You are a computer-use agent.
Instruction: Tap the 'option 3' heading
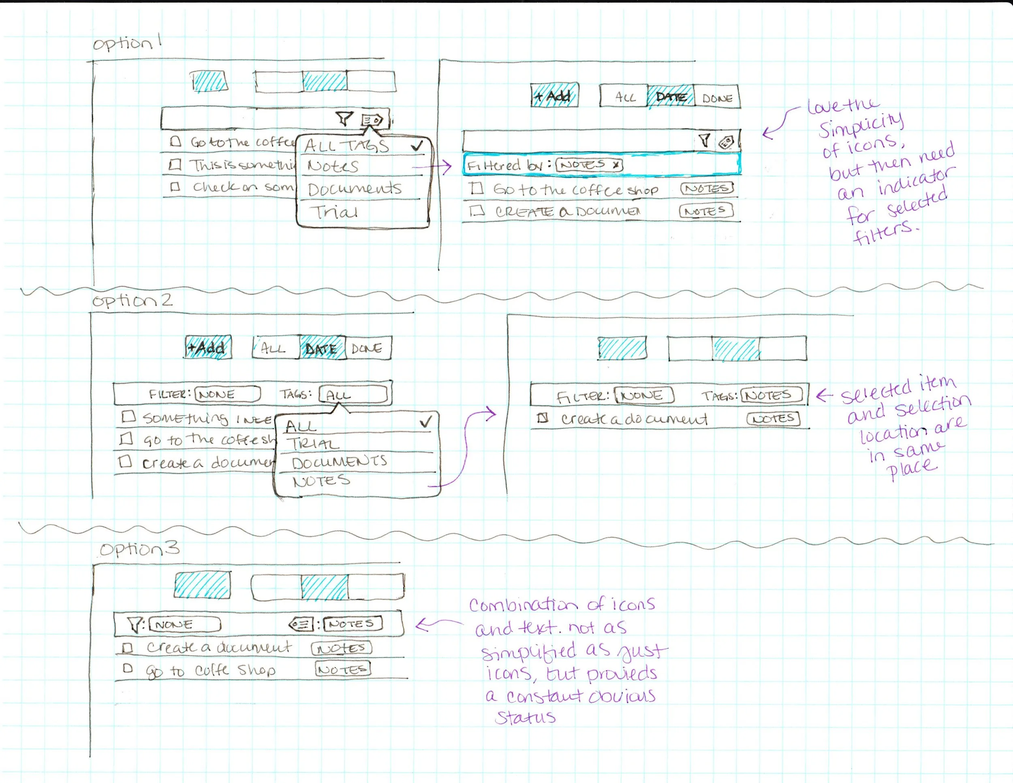pyautogui.click(x=139, y=549)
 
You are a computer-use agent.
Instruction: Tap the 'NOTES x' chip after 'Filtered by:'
pyautogui.click(x=589, y=165)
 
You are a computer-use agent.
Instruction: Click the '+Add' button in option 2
pyautogui.click(x=208, y=347)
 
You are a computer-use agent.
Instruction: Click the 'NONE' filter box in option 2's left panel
pyautogui.click(x=227, y=394)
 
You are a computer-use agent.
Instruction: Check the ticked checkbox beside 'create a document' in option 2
pyautogui.click(x=542, y=418)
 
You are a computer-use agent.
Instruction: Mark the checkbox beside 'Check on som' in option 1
pyautogui.click(x=175, y=187)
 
